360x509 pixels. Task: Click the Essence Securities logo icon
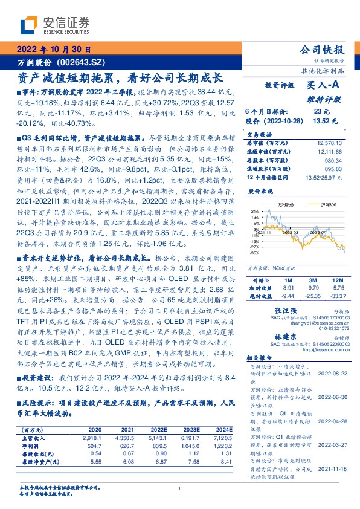[x=31, y=25]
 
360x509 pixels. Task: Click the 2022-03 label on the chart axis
[x=289, y=231]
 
